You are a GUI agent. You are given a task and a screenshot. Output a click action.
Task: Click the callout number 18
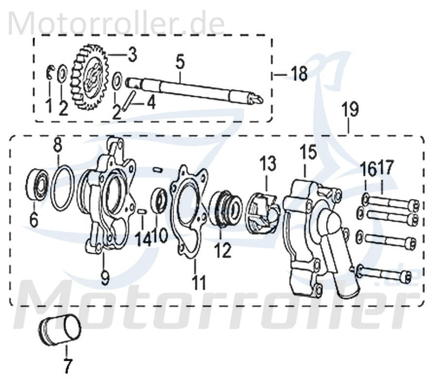point(299,74)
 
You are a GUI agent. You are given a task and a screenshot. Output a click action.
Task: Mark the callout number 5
point(180,62)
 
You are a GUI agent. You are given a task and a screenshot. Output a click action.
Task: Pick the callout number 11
point(198,282)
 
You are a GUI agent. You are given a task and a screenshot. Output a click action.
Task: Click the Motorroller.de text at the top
point(117,22)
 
